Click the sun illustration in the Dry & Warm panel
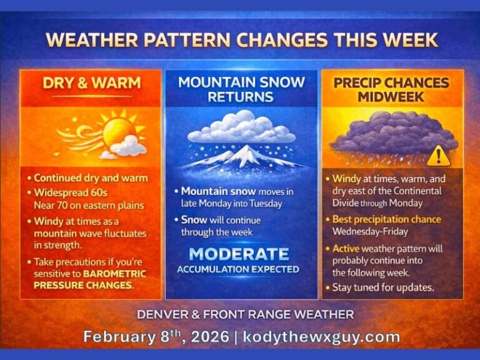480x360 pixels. click(119, 131)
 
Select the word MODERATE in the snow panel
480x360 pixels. click(240, 254)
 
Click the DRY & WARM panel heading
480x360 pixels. click(91, 83)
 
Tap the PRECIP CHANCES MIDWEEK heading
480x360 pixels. click(392, 89)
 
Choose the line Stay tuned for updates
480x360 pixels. click(378, 287)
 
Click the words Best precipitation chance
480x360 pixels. click(386, 219)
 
